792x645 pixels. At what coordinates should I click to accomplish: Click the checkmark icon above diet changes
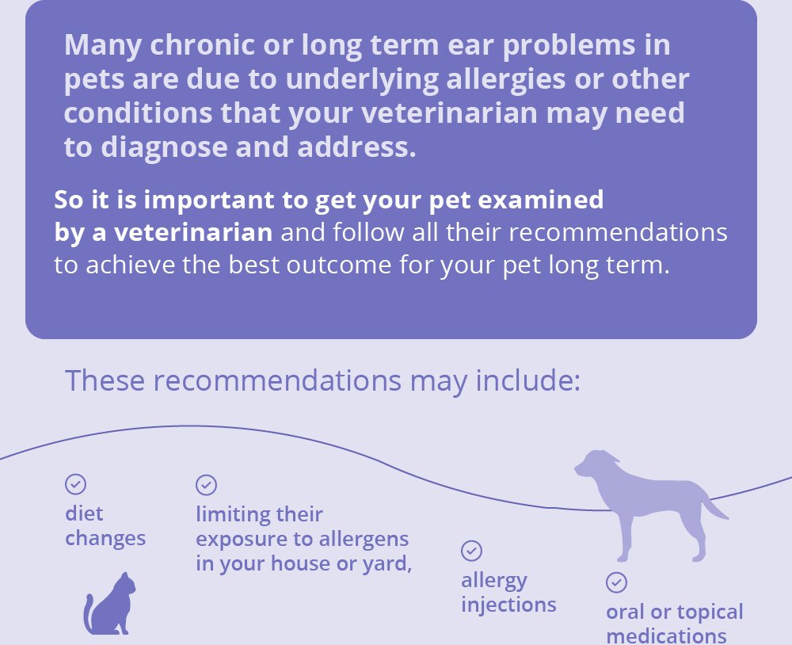pyautogui.click(x=76, y=484)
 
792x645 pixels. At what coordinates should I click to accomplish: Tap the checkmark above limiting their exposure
pyautogui.click(x=206, y=485)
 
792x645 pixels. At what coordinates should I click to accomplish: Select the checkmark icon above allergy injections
pyautogui.click(x=472, y=551)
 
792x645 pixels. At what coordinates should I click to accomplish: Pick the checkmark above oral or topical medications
pyautogui.click(x=616, y=582)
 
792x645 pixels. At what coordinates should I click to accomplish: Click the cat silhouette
pyautogui.click(x=109, y=604)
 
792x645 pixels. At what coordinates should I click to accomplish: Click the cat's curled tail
pyautogui.click(x=87, y=613)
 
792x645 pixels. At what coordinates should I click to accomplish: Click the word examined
pyautogui.click(x=540, y=200)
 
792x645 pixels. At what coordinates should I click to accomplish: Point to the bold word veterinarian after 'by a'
pyautogui.click(x=193, y=232)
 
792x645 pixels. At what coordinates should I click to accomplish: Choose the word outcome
pyautogui.click(x=338, y=265)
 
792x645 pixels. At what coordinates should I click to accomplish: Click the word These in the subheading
pyautogui.click(x=105, y=380)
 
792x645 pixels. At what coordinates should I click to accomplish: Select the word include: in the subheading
pyautogui.click(x=528, y=380)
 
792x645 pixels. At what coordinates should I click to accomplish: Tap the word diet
pyautogui.click(x=85, y=513)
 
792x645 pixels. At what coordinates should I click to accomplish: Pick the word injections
pyautogui.click(x=508, y=605)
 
